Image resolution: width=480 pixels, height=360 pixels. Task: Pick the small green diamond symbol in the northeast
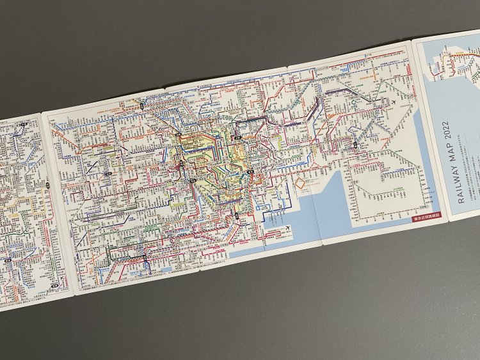352,100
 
